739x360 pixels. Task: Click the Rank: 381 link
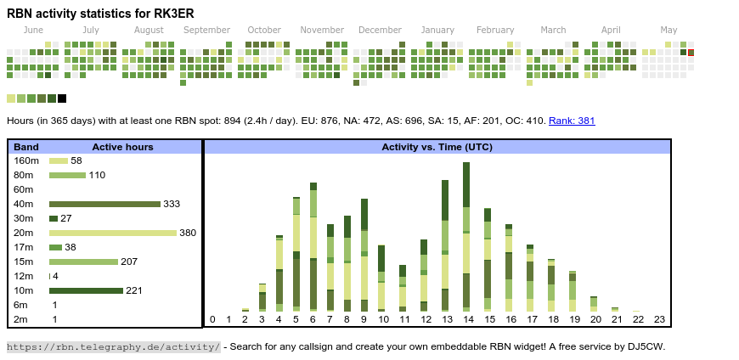pos(572,121)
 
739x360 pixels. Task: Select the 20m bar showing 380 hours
pos(113,233)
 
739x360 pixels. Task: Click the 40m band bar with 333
pos(104,204)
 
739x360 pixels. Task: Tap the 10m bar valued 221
pos(86,290)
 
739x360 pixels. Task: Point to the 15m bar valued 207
pos(83,262)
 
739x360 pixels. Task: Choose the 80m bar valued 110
pos(67,175)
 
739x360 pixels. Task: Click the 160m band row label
pos(26,160)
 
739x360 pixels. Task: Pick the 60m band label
pos(24,189)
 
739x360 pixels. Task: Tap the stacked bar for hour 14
pos(466,237)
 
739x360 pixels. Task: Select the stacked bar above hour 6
pos(313,247)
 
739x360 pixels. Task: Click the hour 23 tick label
pos(659,319)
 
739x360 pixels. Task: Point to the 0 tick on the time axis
pos(212,319)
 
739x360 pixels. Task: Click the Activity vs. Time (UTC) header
pos(437,147)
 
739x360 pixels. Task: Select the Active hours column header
pos(122,147)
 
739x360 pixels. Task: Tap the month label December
pos(380,30)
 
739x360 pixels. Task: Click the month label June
pos(33,30)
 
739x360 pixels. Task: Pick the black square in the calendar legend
pos(62,98)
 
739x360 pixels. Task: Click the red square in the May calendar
pos(691,53)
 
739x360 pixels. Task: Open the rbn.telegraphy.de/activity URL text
pos(113,346)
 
